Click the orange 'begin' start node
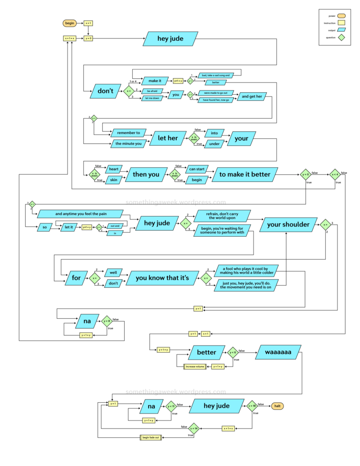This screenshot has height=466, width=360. pyautogui.click(x=70, y=23)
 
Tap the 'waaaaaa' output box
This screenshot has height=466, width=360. pyautogui.click(x=278, y=352)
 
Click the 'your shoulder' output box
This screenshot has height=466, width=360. pyautogui.click(x=288, y=225)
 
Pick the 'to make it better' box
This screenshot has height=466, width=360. pyautogui.click(x=245, y=174)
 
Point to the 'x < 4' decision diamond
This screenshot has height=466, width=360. pyautogui.click(x=334, y=174)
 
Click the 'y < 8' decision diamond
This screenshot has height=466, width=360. pyautogui.click(x=107, y=322)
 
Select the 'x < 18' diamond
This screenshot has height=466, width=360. pyautogui.click(x=252, y=406)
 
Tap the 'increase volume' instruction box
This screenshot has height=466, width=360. pyautogui.click(x=195, y=367)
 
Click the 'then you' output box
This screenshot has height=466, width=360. pyautogui.click(x=146, y=174)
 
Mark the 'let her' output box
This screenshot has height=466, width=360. pyautogui.click(x=167, y=138)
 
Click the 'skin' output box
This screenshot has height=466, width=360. pyautogui.click(x=113, y=180)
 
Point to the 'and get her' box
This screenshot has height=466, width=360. pyautogui.click(x=252, y=97)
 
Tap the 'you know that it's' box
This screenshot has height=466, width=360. pyautogui.click(x=162, y=278)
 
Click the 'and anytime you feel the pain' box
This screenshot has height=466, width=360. pyautogui.click(x=81, y=214)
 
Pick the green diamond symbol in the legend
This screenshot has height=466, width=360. pyautogui.click(x=341, y=38)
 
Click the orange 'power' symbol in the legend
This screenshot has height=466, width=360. pyautogui.click(x=341, y=16)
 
